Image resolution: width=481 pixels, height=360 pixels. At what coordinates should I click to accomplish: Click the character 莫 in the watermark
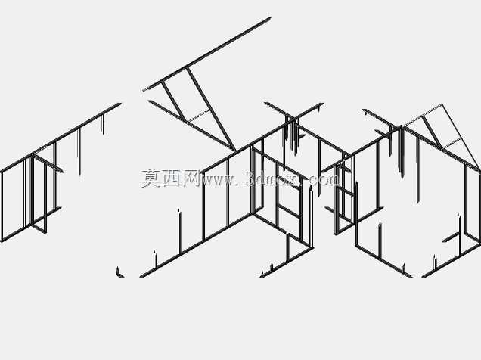coord(151,178)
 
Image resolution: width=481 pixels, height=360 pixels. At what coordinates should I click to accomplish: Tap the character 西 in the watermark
coord(171,178)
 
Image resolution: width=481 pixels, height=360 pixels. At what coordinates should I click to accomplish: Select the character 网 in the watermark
coord(191,178)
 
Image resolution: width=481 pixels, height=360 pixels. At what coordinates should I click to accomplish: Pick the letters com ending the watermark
coord(324,180)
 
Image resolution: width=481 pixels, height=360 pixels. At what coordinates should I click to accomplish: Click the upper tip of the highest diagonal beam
coord(271,18)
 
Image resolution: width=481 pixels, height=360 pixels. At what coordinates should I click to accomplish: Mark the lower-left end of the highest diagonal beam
coord(144,90)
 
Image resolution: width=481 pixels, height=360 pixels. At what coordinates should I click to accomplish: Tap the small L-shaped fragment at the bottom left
coord(119,272)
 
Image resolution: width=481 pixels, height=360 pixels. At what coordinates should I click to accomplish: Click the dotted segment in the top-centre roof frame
coord(198,116)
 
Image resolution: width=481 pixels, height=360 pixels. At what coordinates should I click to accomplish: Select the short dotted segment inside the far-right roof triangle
coord(452,143)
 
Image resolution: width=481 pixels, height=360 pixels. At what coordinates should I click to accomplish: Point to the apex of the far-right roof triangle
coord(442,104)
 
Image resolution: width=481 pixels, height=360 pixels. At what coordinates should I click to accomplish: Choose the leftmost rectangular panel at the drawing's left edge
coord(13,200)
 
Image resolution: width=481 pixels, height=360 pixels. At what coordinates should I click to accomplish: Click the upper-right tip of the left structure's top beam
coord(120,104)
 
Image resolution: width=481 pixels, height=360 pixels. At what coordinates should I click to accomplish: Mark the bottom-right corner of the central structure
coord(312,247)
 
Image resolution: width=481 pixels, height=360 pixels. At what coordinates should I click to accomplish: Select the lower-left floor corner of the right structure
coord(356,245)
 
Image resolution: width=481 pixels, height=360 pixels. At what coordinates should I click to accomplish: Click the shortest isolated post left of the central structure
coord(155,259)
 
